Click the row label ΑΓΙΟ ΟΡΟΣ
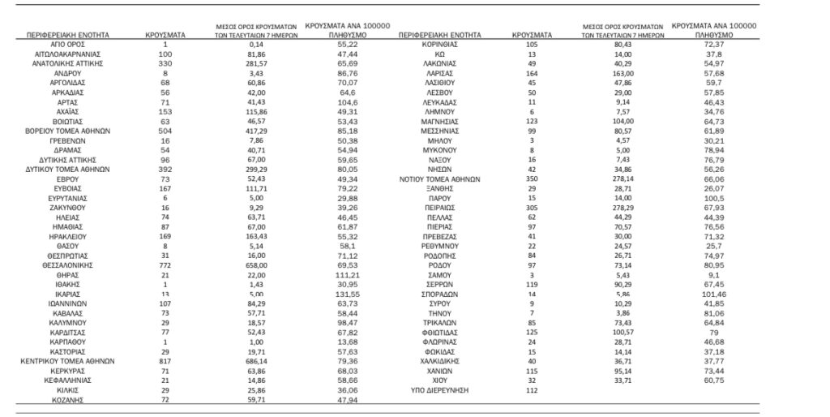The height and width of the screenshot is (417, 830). [x=68, y=45]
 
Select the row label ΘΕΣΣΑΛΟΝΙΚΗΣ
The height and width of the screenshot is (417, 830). [x=68, y=265]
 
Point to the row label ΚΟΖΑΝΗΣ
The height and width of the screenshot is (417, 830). [x=68, y=400]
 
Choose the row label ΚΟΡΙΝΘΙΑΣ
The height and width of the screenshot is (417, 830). [x=440, y=45]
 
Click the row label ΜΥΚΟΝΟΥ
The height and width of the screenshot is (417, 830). [x=440, y=150]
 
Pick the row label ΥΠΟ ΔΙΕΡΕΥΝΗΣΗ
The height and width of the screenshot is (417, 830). [x=440, y=390]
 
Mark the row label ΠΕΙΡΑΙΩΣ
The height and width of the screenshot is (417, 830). [x=440, y=208]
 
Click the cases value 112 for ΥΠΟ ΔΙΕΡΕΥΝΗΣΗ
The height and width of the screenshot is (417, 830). [x=532, y=390]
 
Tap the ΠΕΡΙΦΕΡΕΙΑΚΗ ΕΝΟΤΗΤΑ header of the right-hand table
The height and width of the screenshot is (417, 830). [x=440, y=35]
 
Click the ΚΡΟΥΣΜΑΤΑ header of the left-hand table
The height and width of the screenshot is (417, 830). [x=165, y=35]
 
